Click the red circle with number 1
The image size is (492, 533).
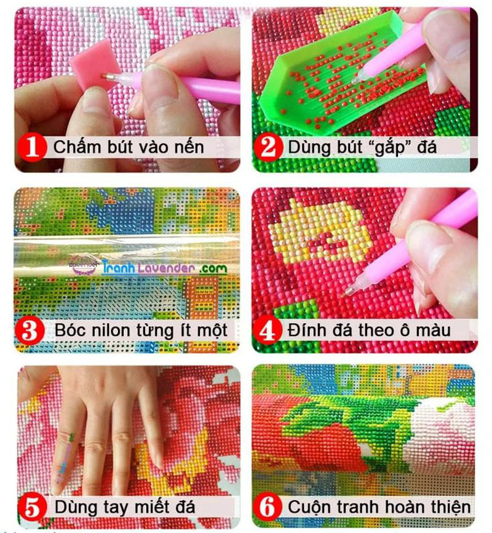[33, 148]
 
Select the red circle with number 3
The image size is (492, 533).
[33, 331]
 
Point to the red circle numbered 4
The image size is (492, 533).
[268, 331]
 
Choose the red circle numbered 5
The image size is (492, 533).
[33, 508]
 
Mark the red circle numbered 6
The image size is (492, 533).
[268, 508]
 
